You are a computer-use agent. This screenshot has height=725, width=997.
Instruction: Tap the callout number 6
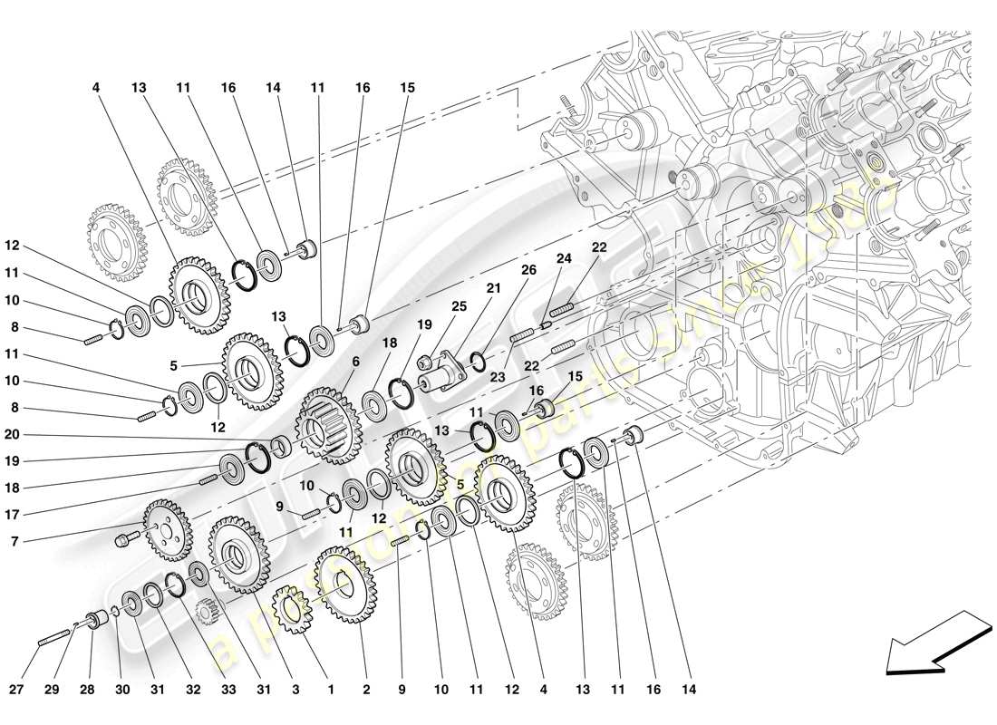355,360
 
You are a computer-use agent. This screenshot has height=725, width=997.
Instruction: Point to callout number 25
459,306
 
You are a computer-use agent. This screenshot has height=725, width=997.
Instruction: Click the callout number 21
494,288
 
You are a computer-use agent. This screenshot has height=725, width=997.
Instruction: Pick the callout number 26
528,269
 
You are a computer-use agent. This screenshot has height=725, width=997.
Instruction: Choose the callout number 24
564,258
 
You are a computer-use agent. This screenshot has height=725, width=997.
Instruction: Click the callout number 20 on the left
12,434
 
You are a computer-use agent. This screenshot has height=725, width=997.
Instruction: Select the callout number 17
12,515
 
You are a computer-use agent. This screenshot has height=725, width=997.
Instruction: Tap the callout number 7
12,542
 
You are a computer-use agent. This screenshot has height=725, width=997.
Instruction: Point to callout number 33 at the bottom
228,690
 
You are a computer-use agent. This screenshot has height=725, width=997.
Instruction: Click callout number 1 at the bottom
330,690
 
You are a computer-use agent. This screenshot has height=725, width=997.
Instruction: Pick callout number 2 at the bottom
366,690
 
